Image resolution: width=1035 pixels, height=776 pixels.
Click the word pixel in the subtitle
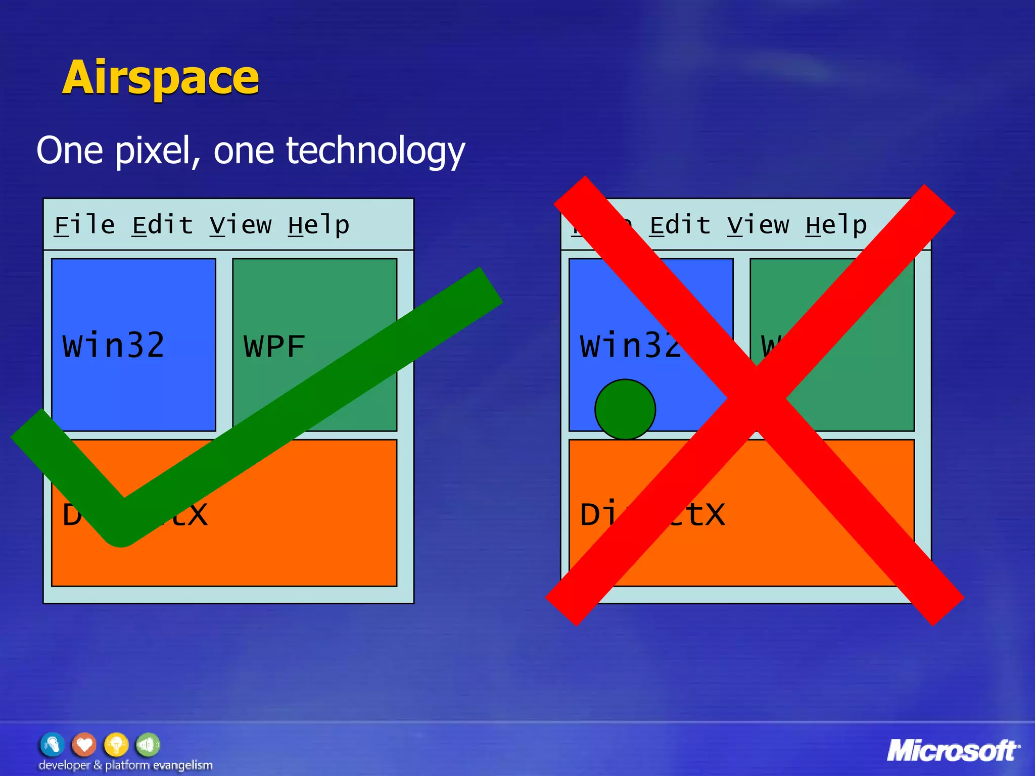(157, 151)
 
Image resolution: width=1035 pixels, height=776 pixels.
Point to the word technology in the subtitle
(374, 151)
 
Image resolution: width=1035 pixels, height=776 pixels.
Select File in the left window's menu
(84, 225)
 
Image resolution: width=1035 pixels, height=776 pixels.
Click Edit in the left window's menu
(162, 225)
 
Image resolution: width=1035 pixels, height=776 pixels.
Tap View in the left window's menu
(241, 225)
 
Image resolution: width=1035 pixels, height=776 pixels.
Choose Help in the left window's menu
(318, 225)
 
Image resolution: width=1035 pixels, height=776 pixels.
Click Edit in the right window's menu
(680, 225)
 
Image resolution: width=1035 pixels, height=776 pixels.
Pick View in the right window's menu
(758, 225)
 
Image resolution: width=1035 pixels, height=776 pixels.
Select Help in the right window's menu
(836, 225)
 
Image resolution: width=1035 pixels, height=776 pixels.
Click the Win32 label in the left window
(113, 346)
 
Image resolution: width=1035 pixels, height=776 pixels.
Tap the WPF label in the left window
(274, 347)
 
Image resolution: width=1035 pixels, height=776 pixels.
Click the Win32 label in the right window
(629, 346)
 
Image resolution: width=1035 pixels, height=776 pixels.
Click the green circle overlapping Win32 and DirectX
(625, 409)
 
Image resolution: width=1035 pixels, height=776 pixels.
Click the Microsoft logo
(953, 751)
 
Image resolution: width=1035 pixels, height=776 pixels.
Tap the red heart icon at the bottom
(84, 745)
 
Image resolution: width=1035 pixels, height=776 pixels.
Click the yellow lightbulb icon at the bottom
(116, 745)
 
